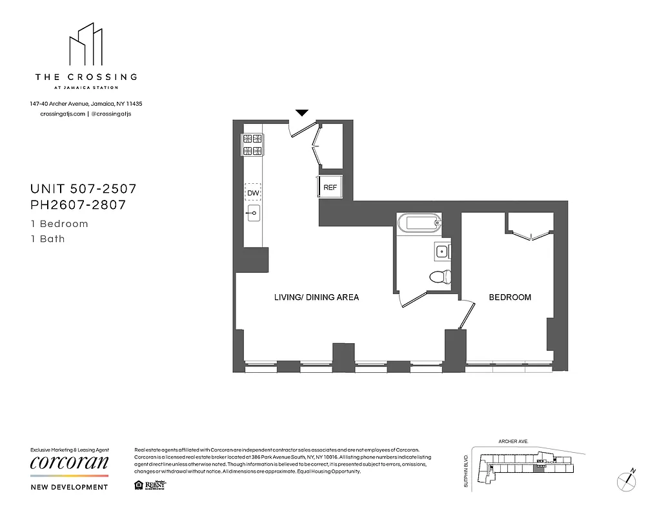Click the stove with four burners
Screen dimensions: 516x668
[252, 145]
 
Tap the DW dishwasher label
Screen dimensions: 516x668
[252, 192]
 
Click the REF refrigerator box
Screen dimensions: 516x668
[330, 188]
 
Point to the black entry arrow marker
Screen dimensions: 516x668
[302, 113]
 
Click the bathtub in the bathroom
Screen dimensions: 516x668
[420, 224]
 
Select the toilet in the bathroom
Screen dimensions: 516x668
[441, 277]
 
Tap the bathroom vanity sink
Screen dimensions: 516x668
[443, 251]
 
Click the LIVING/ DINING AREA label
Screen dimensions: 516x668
[316, 297]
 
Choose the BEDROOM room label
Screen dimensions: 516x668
[510, 297]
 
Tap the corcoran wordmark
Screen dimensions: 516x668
[70, 463]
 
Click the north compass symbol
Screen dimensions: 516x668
[627, 480]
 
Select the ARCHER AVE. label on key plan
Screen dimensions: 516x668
[513, 442]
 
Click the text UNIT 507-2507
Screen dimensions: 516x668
[83, 189]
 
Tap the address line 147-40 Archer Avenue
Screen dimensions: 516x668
[86, 103]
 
